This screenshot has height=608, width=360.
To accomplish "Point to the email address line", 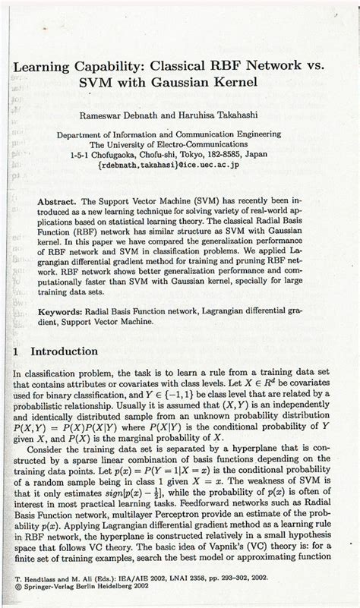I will tap(180, 162).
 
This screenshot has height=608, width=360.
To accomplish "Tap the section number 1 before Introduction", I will tap(17, 353).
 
